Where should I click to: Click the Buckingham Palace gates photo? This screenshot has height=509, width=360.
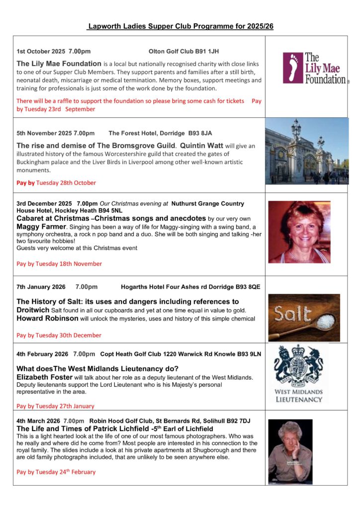(x=307, y=151)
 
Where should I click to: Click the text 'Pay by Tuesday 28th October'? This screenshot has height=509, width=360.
(x=56, y=182)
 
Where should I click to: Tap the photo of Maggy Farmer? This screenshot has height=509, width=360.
(x=299, y=232)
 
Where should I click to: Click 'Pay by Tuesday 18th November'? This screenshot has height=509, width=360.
(x=59, y=263)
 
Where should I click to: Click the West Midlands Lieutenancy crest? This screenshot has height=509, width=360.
(x=298, y=374)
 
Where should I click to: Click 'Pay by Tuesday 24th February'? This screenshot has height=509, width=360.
(x=56, y=472)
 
